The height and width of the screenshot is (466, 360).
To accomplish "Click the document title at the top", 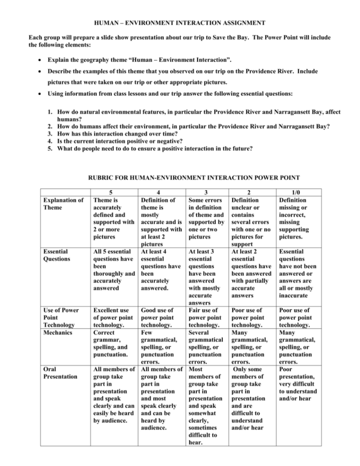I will point(180,23).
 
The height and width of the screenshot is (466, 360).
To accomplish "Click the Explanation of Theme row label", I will point(66,203).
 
